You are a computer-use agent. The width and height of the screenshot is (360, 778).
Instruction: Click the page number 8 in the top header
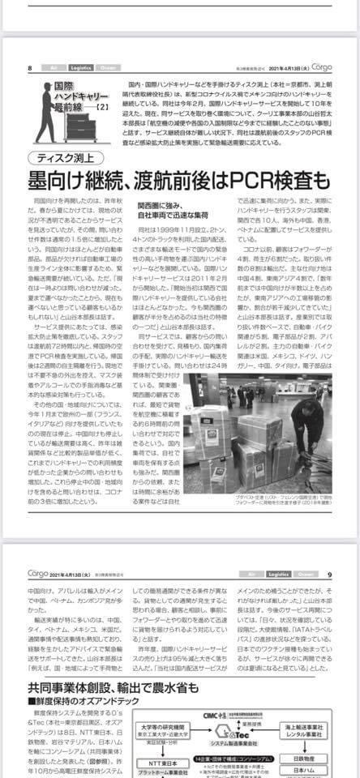point(30,68)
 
